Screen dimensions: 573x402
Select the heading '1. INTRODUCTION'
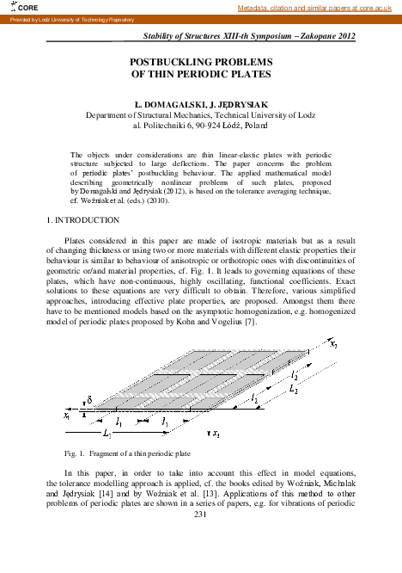pyautogui.click(x=82, y=221)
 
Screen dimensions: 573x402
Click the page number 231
pyautogui.click(x=202, y=514)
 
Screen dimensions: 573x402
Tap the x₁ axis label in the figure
pyautogui.click(x=66, y=414)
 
